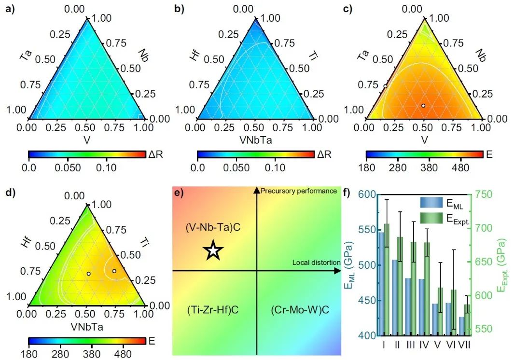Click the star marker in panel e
coord(213,251)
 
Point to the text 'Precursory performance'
coord(299,191)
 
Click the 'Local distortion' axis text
coord(316,262)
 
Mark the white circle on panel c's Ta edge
coord(385,86)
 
